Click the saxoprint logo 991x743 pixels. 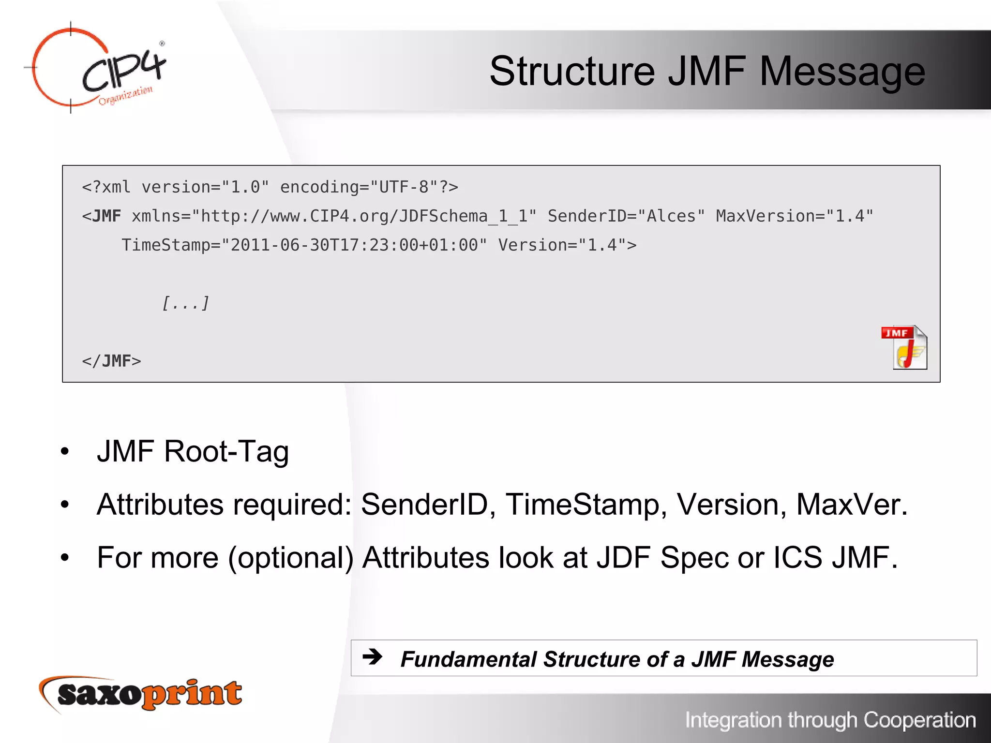click(140, 694)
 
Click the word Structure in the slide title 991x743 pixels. click(572, 72)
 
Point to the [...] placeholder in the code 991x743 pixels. click(185, 303)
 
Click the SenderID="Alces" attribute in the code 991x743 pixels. click(626, 216)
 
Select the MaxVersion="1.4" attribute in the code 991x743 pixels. click(795, 216)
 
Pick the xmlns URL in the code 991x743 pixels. click(368, 216)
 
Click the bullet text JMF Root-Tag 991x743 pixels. click(193, 451)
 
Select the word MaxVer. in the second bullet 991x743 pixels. click(852, 505)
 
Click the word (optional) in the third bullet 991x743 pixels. click(290, 558)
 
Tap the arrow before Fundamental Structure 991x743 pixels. click(373, 657)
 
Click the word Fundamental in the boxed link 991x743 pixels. click(468, 659)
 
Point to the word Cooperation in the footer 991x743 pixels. click(919, 720)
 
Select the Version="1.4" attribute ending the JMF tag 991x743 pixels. click(567, 245)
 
